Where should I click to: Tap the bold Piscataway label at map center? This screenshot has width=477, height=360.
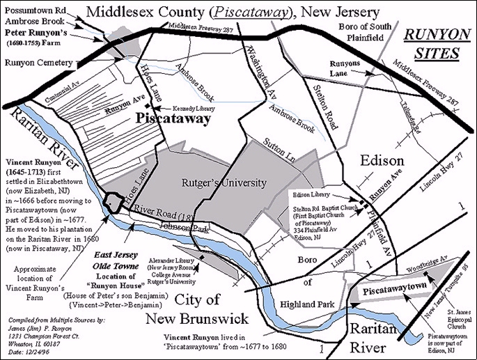164,119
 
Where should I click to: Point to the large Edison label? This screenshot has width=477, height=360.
381,161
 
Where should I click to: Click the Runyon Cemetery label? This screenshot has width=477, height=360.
39,63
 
